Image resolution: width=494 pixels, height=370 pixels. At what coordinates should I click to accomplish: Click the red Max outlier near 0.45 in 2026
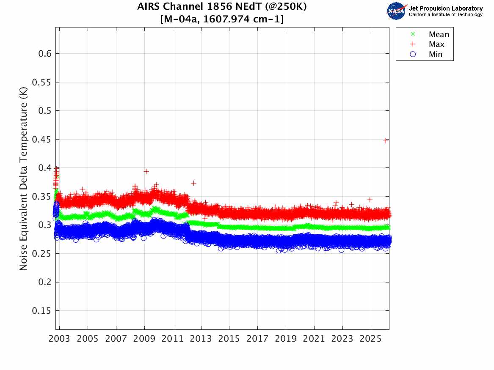click(x=386, y=141)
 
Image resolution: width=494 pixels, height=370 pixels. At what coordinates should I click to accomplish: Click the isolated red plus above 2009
click(x=146, y=171)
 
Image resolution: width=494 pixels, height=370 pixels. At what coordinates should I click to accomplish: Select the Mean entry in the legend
click(x=439, y=34)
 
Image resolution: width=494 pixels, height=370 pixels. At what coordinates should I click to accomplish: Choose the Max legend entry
click(x=436, y=44)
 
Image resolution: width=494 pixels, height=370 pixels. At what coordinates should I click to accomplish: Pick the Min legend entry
click(x=436, y=55)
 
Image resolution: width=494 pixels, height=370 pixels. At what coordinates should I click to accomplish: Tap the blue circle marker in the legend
click(x=413, y=55)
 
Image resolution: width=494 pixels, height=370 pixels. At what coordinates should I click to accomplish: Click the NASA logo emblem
click(x=397, y=11)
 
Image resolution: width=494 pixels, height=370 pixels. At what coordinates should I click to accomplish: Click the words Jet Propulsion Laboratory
click(x=445, y=8)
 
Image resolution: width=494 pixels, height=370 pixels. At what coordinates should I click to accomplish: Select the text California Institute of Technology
click(x=445, y=15)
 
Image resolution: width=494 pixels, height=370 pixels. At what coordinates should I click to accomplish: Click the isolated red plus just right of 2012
click(x=193, y=183)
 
